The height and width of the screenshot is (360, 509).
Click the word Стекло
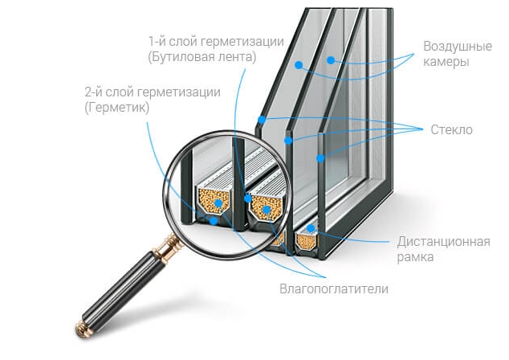451,129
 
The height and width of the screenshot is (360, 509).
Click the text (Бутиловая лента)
202,57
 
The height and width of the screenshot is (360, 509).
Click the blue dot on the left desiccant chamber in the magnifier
218,202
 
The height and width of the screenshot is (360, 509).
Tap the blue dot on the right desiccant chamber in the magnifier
267,209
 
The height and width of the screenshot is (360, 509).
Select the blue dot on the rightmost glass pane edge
320,158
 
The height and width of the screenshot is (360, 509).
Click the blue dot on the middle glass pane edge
289,140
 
